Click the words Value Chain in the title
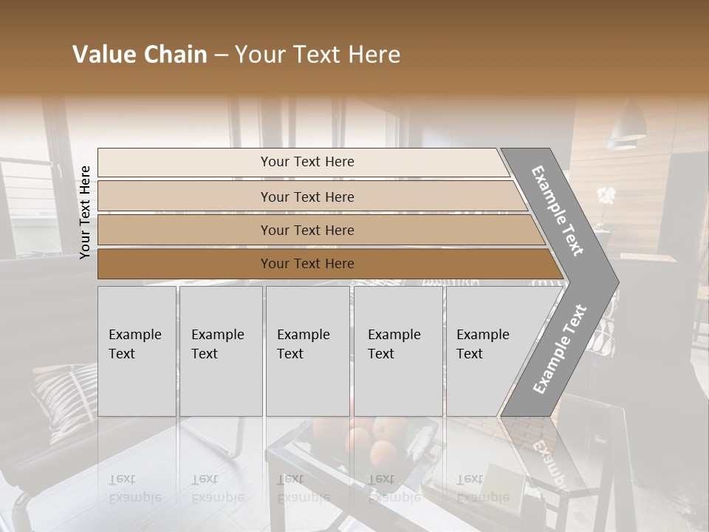(140, 55)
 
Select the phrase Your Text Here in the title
(318, 55)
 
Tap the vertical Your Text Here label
(85, 212)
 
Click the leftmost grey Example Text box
(137, 351)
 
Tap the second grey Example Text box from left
(220, 351)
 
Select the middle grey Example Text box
(307, 351)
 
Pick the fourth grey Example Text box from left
(398, 351)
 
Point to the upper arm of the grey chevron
(558, 211)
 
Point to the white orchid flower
(606, 197)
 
